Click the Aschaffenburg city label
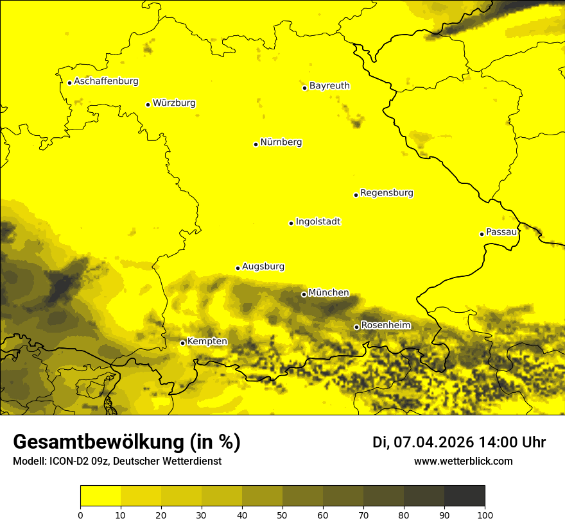(x=106, y=81)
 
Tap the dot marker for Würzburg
(x=148, y=104)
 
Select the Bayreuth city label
(x=329, y=85)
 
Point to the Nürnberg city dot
(x=256, y=144)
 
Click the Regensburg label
(x=387, y=193)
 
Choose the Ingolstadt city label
(x=318, y=222)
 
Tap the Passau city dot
(x=482, y=234)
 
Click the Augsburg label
(x=263, y=267)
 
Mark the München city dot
(x=304, y=294)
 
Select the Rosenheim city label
(x=385, y=326)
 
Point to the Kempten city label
(x=207, y=342)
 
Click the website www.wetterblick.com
(x=463, y=461)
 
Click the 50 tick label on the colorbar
(x=282, y=515)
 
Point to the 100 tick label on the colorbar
(x=485, y=515)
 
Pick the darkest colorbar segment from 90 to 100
(x=464, y=495)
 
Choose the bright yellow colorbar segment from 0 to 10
(x=100, y=495)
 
